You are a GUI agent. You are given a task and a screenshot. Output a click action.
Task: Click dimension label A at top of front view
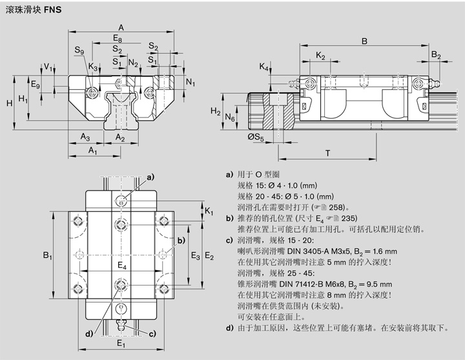121,26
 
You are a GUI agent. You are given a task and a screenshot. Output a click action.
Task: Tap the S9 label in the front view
79,50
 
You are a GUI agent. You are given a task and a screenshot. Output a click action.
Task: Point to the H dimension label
8,103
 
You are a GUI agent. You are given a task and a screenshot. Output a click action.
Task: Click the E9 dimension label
36,85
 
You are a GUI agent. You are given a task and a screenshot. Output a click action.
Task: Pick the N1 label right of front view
190,82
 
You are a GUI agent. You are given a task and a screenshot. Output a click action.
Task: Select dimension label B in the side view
364,41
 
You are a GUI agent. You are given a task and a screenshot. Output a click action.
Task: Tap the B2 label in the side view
436,56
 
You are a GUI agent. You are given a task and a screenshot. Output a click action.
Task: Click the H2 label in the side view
216,111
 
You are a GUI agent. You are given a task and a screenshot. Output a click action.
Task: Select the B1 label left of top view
47,257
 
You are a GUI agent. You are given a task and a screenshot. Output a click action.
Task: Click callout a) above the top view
150,176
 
